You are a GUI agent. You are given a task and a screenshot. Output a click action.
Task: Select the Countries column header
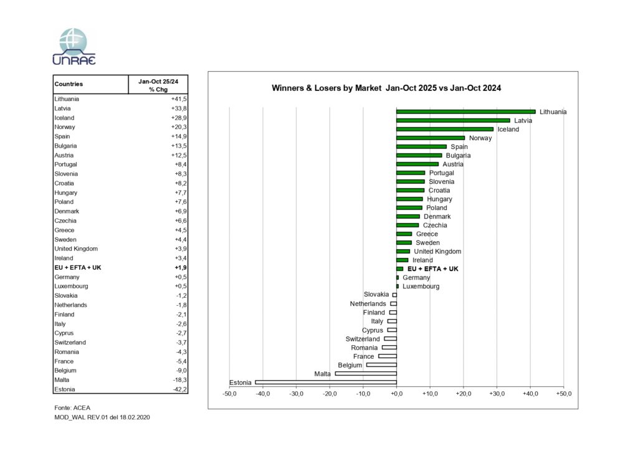[69, 84]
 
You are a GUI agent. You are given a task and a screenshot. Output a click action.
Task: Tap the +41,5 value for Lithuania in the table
[179, 99]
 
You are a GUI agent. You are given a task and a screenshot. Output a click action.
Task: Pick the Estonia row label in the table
[65, 389]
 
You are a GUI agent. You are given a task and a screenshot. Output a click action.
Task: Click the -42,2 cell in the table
[179, 389]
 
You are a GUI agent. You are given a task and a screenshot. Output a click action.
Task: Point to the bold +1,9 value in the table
[179, 267]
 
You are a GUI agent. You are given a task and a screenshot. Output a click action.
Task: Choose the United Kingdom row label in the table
[76, 249]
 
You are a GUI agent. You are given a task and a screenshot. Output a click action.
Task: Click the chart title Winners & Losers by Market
[386, 88]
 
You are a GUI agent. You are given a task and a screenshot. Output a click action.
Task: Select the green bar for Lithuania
[465, 112]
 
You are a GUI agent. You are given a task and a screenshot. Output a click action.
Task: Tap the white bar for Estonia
[326, 382]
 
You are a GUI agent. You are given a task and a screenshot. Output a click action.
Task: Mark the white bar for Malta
[366, 374]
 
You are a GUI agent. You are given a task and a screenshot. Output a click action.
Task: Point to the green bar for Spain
[421, 146]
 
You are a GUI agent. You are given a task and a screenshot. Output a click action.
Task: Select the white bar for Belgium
[381, 365]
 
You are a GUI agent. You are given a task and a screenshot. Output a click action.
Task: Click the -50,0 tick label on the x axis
[230, 394]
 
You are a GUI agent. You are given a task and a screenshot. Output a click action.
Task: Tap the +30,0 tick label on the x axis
[497, 394]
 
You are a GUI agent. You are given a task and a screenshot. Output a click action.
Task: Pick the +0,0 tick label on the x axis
[396, 394]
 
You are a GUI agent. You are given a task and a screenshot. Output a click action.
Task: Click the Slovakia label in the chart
[376, 295]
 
